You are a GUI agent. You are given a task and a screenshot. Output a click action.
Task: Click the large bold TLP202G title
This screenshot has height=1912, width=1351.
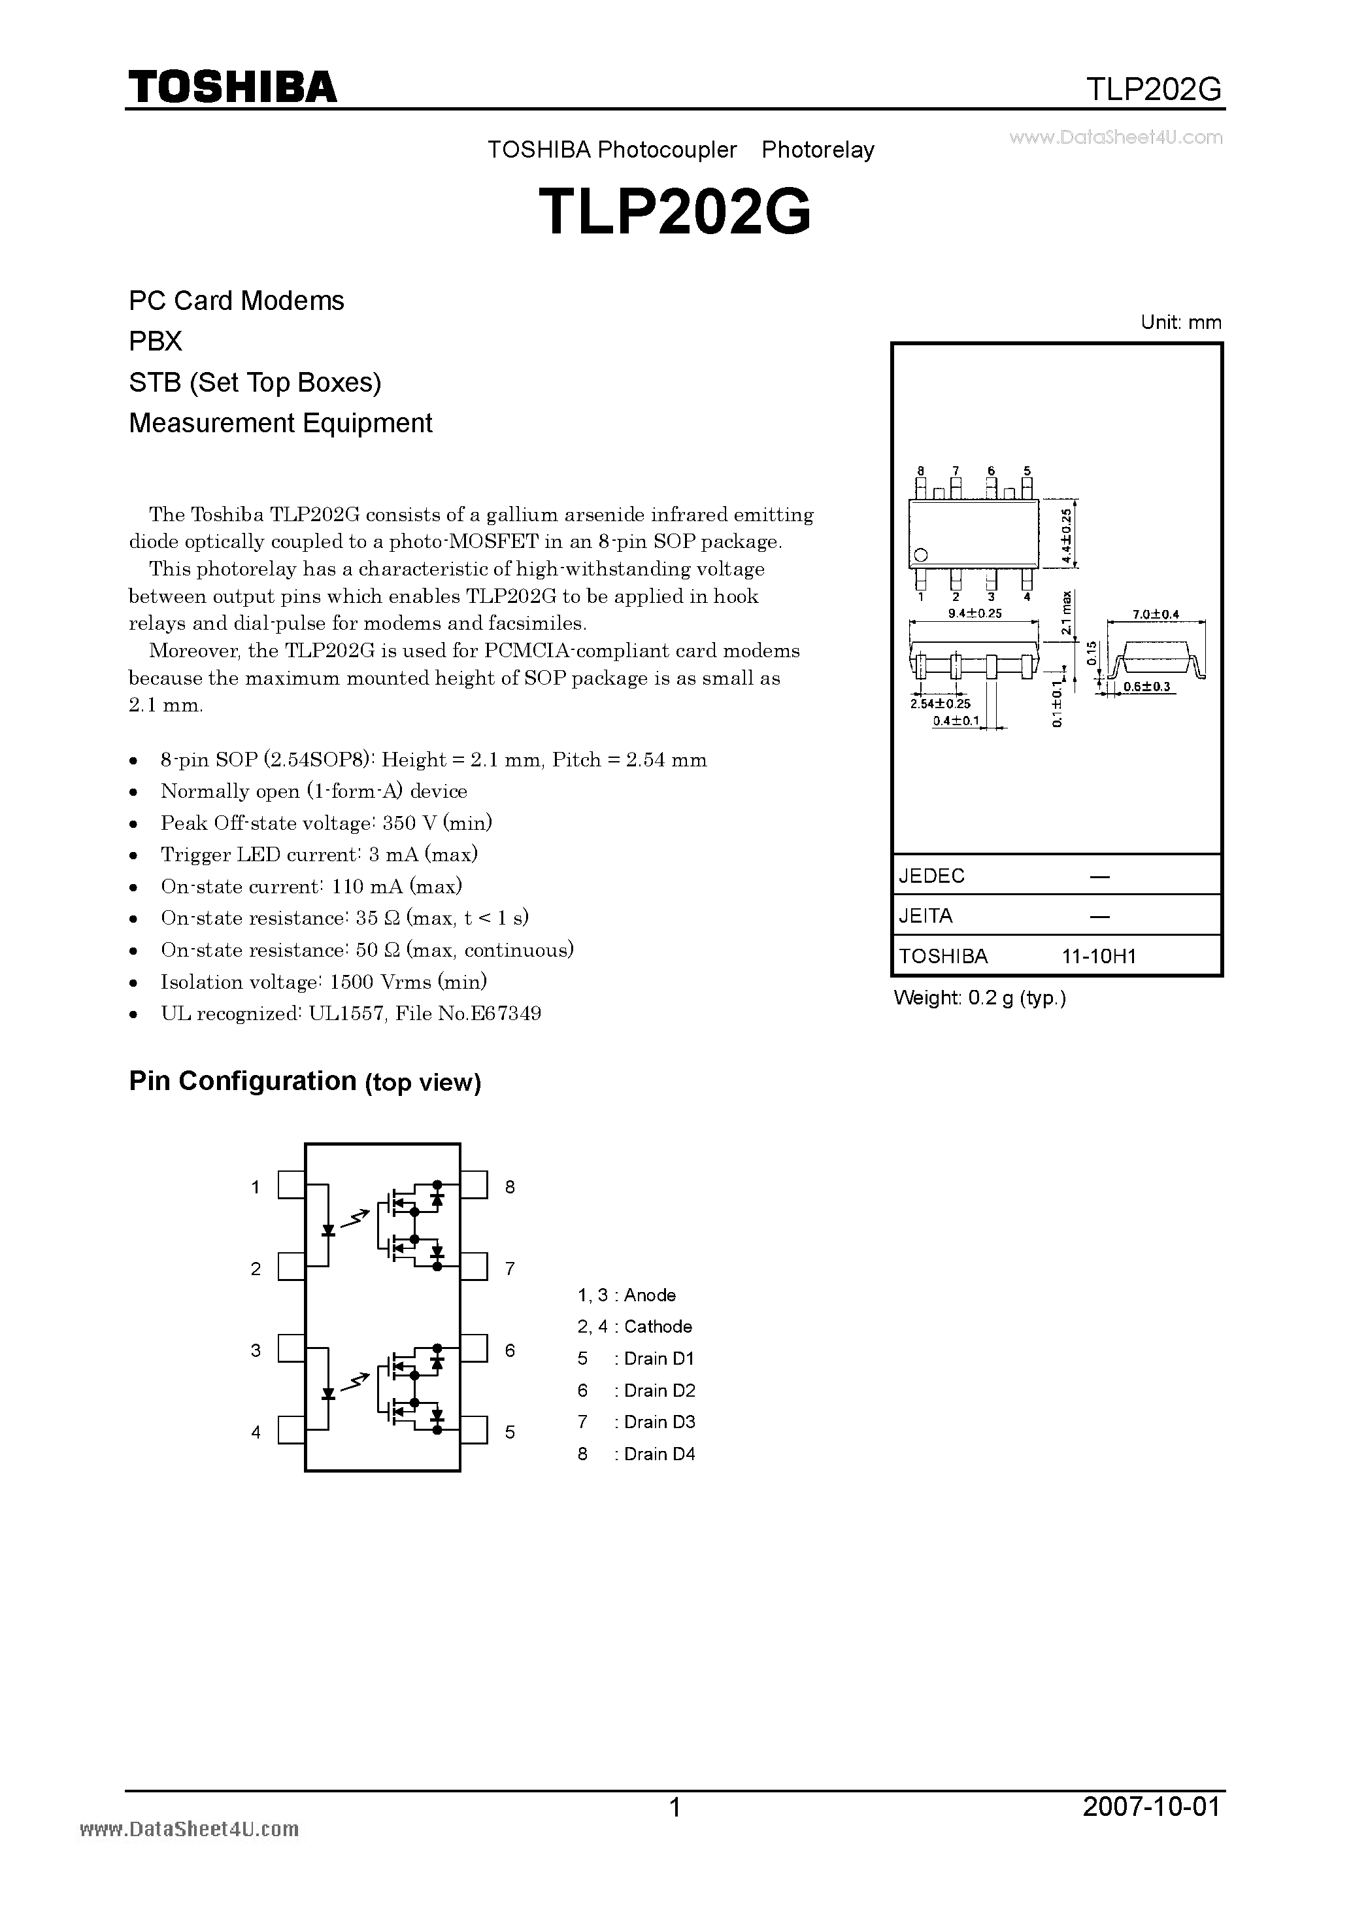click(x=675, y=213)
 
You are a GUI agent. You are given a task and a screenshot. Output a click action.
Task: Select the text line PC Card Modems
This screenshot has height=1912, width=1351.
click(x=237, y=301)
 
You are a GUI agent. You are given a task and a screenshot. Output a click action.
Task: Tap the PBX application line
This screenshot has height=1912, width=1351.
click(x=156, y=341)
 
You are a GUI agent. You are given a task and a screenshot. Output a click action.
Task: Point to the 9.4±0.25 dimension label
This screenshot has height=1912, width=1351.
click(x=975, y=613)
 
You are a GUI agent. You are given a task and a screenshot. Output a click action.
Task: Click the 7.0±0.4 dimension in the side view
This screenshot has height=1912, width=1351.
click(x=1156, y=615)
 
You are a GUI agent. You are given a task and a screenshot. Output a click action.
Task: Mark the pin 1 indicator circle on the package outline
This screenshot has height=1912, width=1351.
click(x=921, y=555)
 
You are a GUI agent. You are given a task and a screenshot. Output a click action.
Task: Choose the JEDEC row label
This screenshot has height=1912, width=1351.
click(x=931, y=876)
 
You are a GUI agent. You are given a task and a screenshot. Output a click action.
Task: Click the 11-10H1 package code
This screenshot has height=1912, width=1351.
click(x=1099, y=956)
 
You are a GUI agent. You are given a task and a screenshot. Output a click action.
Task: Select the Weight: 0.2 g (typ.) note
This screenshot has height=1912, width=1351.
click(x=980, y=998)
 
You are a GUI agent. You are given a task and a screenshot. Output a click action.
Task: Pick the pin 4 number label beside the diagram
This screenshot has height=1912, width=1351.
click(x=256, y=1432)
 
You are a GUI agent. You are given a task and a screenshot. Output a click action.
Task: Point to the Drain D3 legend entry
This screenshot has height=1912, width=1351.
click(x=637, y=1422)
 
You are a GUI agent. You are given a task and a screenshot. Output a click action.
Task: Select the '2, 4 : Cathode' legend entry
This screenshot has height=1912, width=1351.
click(x=634, y=1327)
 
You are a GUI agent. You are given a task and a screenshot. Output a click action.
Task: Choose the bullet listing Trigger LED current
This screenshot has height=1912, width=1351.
click(x=319, y=855)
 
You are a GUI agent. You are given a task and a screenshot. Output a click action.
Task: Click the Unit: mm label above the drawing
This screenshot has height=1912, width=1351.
click(x=1180, y=322)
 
